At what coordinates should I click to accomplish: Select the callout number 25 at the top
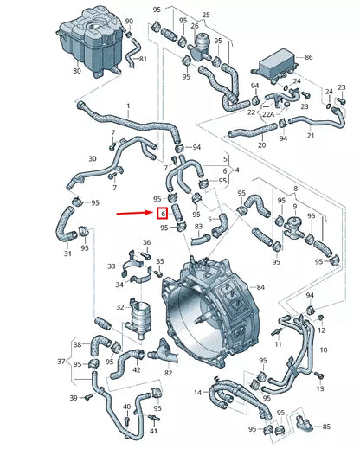(x=204, y=16)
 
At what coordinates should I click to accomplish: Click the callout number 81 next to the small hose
(x=143, y=59)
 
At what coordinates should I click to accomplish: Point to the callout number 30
(x=93, y=158)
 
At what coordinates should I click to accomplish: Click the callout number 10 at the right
(x=324, y=350)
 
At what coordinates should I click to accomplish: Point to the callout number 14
(x=198, y=392)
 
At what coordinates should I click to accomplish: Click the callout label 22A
(x=245, y=113)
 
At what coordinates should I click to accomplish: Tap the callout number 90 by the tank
(x=130, y=21)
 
